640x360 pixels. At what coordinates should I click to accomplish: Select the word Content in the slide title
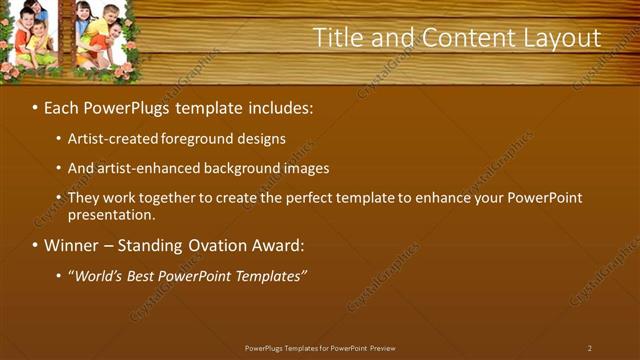click(462, 38)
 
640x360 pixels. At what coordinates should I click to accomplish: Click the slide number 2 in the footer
click(590, 348)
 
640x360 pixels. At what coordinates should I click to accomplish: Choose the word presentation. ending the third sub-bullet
click(112, 215)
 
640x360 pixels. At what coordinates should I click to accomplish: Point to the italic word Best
click(146, 276)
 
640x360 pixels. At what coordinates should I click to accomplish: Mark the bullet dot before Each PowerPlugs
click(36, 107)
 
